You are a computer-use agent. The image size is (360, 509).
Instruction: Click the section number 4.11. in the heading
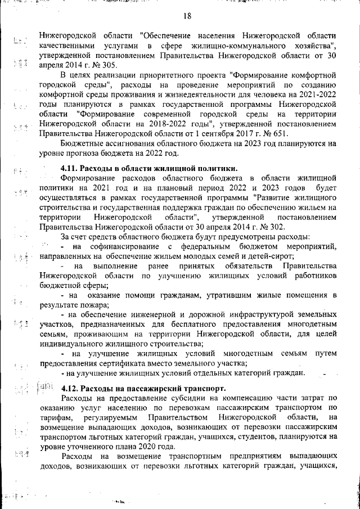click(69, 168)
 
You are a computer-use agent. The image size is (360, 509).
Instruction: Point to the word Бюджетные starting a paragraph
click(83, 143)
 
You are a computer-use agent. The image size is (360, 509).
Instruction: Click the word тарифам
click(55, 417)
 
